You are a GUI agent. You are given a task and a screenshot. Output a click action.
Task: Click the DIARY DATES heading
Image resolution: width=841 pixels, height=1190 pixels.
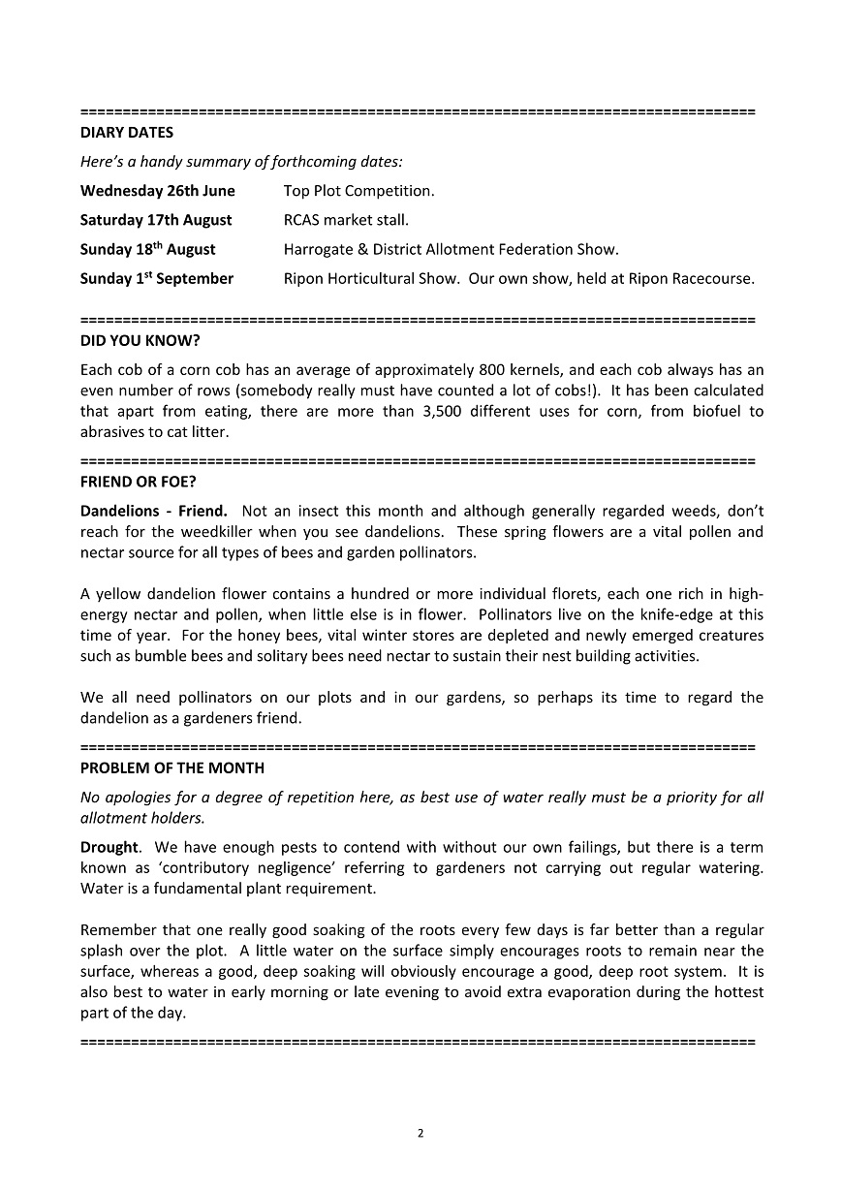[x=127, y=132]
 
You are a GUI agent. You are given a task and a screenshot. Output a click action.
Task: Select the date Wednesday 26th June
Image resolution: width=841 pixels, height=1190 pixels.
[x=157, y=191]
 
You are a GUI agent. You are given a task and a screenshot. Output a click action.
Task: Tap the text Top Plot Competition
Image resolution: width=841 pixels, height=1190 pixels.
[x=358, y=191]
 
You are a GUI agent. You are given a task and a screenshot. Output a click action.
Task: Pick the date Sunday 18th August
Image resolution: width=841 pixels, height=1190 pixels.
[x=147, y=249]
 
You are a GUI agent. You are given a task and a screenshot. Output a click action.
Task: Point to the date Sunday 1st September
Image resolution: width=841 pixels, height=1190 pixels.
[x=156, y=279]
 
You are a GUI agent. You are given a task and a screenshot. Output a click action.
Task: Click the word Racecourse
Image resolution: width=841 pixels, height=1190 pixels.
[x=711, y=279]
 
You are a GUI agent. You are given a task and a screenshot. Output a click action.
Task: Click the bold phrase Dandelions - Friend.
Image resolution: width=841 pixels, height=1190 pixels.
[x=154, y=511]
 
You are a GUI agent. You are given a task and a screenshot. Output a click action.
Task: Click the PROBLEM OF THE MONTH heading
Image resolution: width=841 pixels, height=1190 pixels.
[x=172, y=767]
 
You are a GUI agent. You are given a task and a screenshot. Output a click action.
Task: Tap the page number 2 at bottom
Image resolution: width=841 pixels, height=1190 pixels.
[x=420, y=1133]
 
